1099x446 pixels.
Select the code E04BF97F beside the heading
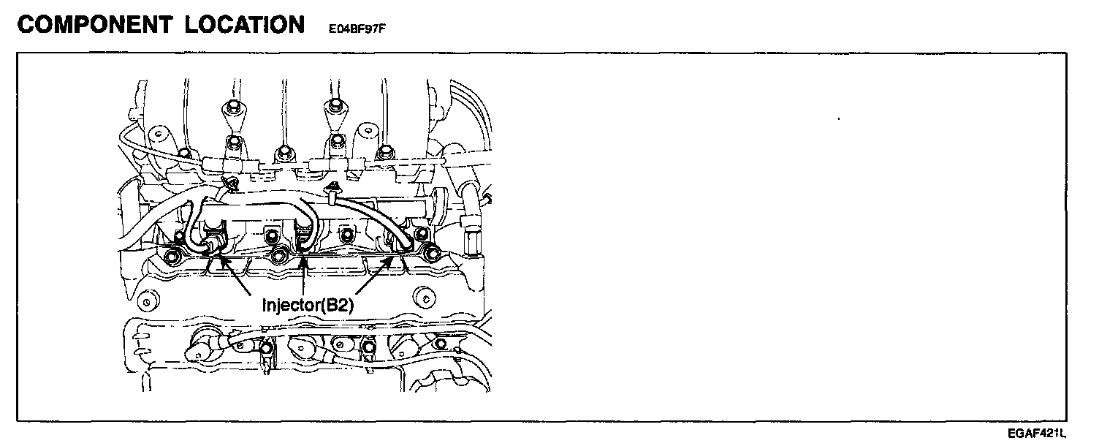click(x=357, y=29)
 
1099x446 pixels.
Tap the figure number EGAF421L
click(x=1035, y=435)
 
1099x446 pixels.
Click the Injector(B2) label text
click(x=308, y=305)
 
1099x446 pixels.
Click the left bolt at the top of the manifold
click(x=232, y=109)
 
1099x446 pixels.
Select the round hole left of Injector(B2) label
click(x=149, y=301)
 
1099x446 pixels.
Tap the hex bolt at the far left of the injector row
click(x=172, y=257)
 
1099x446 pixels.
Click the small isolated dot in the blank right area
click(x=838, y=118)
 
